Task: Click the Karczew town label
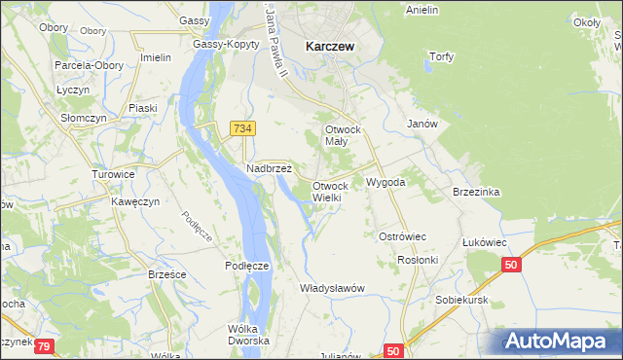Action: [328, 45]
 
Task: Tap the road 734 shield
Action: [243, 128]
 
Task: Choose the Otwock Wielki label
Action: [330, 192]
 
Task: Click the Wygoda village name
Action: [385, 182]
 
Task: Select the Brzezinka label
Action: [476, 192]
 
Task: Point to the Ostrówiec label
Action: [403, 236]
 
